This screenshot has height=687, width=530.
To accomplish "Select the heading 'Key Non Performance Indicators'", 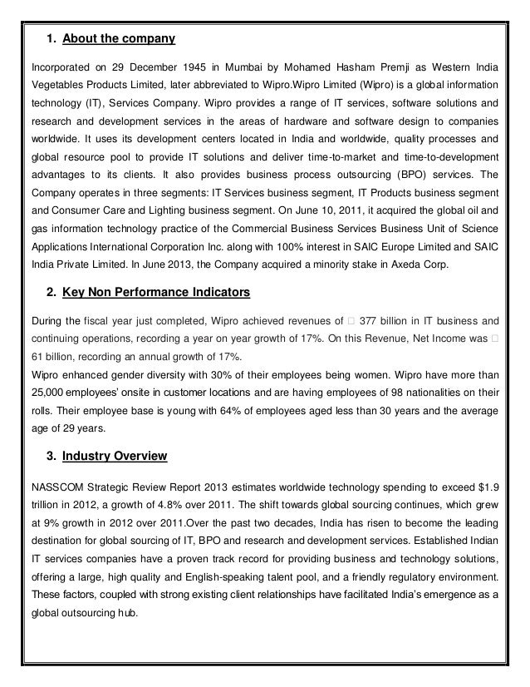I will point(151,293).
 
